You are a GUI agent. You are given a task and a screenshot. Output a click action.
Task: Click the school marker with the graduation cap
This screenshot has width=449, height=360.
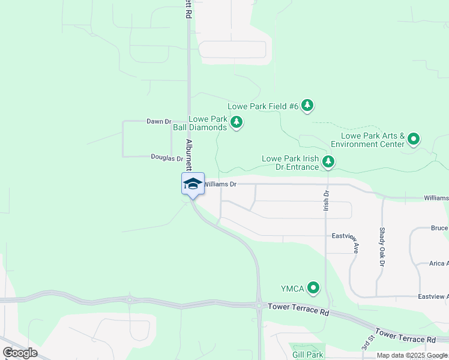[x=193, y=183]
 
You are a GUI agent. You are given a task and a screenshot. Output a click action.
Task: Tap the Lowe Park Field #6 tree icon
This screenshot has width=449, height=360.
[x=307, y=106]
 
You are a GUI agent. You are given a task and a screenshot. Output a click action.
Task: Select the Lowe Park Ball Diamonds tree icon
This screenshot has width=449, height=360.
[x=237, y=123]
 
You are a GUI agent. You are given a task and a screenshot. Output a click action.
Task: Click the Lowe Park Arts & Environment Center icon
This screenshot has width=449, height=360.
[x=414, y=140]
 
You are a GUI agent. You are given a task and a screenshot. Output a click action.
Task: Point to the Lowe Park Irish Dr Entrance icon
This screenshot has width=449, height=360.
[x=328, y=161]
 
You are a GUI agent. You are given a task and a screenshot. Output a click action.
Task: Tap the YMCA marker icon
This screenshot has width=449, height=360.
[x=313, y=289]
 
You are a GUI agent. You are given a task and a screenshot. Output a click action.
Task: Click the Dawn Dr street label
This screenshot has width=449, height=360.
[x=159, y=121]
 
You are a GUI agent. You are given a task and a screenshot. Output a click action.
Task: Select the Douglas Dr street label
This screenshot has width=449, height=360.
[x=167, y=158]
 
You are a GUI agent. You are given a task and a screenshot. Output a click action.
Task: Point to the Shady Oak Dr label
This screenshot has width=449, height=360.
[x=382, y=247]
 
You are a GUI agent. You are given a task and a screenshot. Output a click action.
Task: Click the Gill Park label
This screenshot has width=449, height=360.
[x=308, y=355]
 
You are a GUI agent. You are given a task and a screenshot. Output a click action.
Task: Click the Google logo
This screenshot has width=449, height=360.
[x=20, y=353]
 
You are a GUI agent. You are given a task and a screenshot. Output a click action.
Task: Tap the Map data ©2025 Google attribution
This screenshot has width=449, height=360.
[x=412, y=355]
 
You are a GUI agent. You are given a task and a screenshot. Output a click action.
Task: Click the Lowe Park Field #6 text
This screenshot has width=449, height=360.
[x=263, y=106]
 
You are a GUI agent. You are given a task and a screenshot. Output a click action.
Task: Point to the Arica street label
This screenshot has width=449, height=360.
[x=439, y=263]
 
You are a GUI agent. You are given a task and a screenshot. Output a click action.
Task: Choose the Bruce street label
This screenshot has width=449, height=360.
[x=439, y=228]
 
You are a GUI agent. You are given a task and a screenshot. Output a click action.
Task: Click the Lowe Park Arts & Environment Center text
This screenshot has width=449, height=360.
[x=367, y=140]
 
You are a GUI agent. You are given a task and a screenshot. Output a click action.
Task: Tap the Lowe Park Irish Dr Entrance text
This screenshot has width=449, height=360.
[x=290, y=163]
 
